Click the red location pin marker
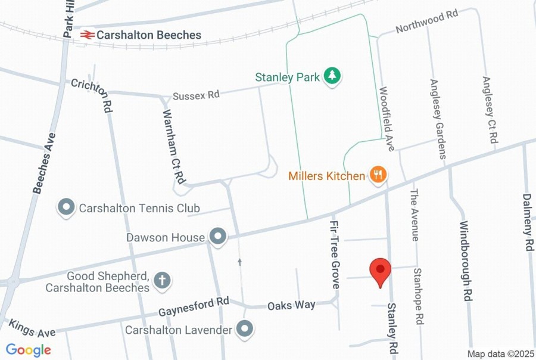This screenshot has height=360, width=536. point(380,272)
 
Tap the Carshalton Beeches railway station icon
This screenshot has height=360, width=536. point(87,35)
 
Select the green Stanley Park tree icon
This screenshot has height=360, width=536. point(332,76)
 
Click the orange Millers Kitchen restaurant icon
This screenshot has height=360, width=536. point(378,175)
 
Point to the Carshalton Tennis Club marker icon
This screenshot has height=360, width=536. point(66,208)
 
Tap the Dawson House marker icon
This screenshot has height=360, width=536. point(218,237)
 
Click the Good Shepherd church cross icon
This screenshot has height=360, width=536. point(162,281)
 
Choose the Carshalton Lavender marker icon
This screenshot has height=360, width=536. point(244,328)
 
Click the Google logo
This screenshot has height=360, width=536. point(28,350)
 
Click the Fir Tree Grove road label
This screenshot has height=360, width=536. point(335,254)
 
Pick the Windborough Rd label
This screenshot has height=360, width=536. point(466,260)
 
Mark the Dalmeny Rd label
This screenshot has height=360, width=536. point(528,222)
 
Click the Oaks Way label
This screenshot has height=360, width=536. point(291,305)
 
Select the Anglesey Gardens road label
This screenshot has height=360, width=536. point(438,119)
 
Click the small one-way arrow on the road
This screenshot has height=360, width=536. point(240,261)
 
